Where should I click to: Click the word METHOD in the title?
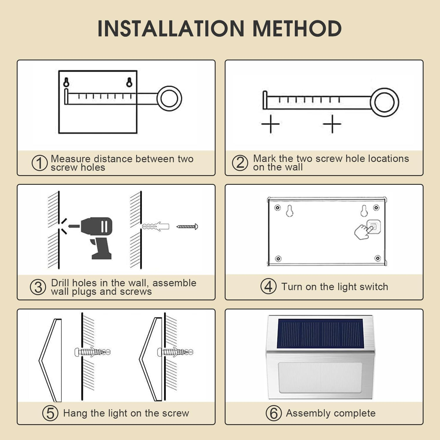297,28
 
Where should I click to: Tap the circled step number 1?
40,163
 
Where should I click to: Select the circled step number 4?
268,286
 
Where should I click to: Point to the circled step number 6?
274,413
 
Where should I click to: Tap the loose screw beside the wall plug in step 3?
187,226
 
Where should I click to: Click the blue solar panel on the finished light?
320,334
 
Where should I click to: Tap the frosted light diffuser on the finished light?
320,378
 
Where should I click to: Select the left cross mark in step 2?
270,124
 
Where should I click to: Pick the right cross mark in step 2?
332,124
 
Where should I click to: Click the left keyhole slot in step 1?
67,82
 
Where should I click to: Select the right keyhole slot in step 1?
129,82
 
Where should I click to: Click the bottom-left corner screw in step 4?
278,259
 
